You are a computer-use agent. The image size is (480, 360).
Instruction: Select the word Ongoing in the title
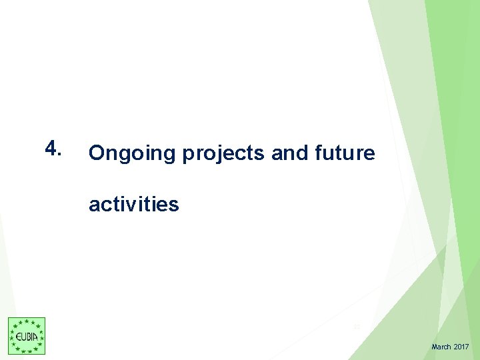coord(131,154)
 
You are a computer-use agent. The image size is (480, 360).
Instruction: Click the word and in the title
coord(287,153)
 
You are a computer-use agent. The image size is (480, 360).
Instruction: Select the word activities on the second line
coord(133,204)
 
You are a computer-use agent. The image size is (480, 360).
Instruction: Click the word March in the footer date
coord(441,347)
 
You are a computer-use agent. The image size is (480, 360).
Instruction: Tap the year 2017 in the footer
coord(461,347)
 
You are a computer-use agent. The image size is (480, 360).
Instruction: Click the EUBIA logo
coord(27,336)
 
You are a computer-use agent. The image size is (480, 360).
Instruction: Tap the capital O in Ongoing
coord(97,154)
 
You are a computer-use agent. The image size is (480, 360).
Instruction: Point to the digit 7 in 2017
coord(467,347)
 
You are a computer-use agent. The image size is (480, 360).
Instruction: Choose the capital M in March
coord(435,347)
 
